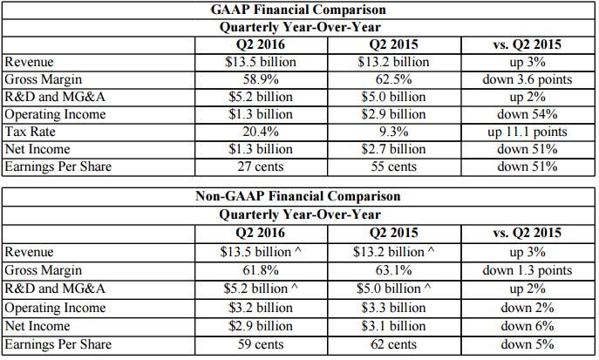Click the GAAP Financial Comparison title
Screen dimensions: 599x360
pos(298,10)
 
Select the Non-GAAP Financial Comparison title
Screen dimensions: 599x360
pos(298,196)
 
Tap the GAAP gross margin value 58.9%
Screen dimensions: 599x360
pos(261,79)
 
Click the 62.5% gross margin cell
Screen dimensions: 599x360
pos(393,79)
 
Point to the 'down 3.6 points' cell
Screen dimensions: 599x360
pos(528,79)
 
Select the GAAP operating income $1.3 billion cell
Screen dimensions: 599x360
pos(261,114)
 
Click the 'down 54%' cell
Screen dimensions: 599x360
pos(528,114)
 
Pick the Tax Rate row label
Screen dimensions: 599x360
pos(31,132)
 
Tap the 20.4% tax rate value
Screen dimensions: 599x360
pos(261,132)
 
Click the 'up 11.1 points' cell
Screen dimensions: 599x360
pos(528,132)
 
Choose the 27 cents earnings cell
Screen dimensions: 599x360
pos(261,166)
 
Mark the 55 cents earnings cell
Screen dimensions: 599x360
pos(393,166)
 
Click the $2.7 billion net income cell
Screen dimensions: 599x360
pos(393,149)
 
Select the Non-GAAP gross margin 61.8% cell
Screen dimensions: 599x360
pos(261,270)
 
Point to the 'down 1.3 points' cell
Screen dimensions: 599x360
pos(528,270)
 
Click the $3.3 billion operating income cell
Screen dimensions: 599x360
pos(393,308)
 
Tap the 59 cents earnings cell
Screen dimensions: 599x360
pos(261,344)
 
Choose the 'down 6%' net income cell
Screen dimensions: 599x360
pos(528,326)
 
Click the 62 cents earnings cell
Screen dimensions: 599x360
pos(393,344)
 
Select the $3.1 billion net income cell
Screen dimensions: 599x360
pos(393,326)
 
